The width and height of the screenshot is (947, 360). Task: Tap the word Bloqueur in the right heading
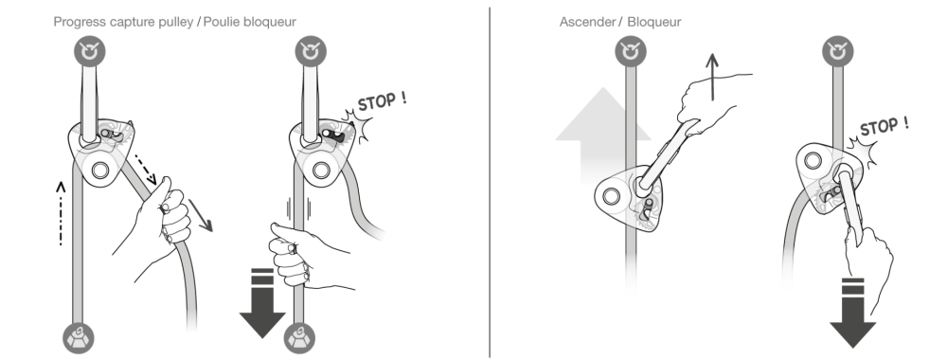pyautogui.click(x=654, y=23)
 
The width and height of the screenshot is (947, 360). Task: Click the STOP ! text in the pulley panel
pyautogui.click(x=382, y=100)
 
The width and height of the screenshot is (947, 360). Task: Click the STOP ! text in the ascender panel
pyautogui.click(x=884, y=126)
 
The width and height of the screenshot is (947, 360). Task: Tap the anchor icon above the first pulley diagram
pyautogui.click(x=89, y=51)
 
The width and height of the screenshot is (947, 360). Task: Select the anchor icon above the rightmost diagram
pyautogui.click(x=838, y=51)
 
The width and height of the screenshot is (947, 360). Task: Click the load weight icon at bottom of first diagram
pyautogui.click(x=79, y=338)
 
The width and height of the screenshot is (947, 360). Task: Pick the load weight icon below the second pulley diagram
pyautogui.click(x=299, y=338)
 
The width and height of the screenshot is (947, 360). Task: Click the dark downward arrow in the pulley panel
pyautogui.click(x=262, y=302)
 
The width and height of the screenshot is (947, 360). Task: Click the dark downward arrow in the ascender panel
pyautogui.click(x=853, y=313)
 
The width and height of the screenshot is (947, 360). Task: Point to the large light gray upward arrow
pyautogui.click(x=602, y=135)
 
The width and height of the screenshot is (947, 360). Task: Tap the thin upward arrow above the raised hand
pyautogui.click(x=713, y=77)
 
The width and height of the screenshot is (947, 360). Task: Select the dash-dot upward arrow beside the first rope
pyautogui.click(x=61, y=213)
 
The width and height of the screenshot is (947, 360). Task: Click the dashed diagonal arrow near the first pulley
pyautogui.click(x=146, y=170)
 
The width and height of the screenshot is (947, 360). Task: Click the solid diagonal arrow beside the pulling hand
pyautogui.click(x=201, y=215)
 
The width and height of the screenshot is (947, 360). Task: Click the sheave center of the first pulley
pyautogui.click(x=100, y=170)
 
